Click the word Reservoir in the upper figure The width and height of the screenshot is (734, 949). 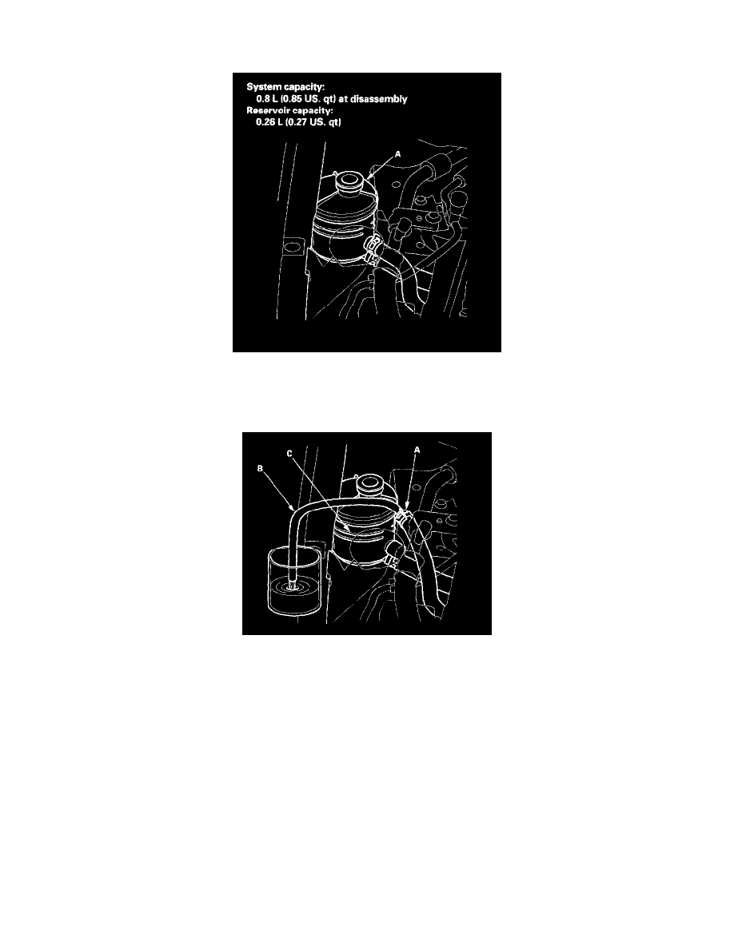(273, 112)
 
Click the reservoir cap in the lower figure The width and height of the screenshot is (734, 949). (369, 483)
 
